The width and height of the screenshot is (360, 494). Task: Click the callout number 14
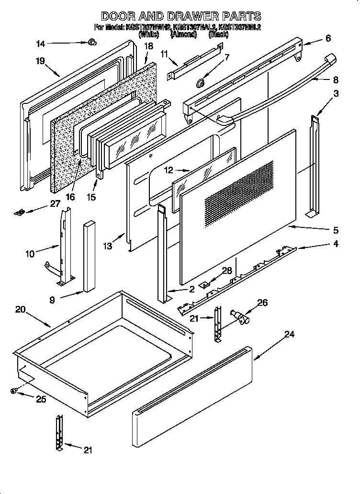(41, 44)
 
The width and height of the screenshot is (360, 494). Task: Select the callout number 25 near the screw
(41, 399)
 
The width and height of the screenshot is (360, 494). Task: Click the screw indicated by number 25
(14, 391)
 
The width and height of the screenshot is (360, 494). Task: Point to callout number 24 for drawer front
(289, 335)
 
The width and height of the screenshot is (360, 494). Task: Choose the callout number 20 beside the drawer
(20, 310)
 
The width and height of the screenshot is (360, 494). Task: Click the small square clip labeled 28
(205, 284)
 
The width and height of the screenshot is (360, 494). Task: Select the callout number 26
(262, 303)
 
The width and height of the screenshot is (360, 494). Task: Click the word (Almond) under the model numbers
(183, 34)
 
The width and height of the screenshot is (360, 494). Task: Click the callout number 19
(40, 61)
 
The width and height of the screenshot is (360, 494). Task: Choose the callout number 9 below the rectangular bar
(52, 300)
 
